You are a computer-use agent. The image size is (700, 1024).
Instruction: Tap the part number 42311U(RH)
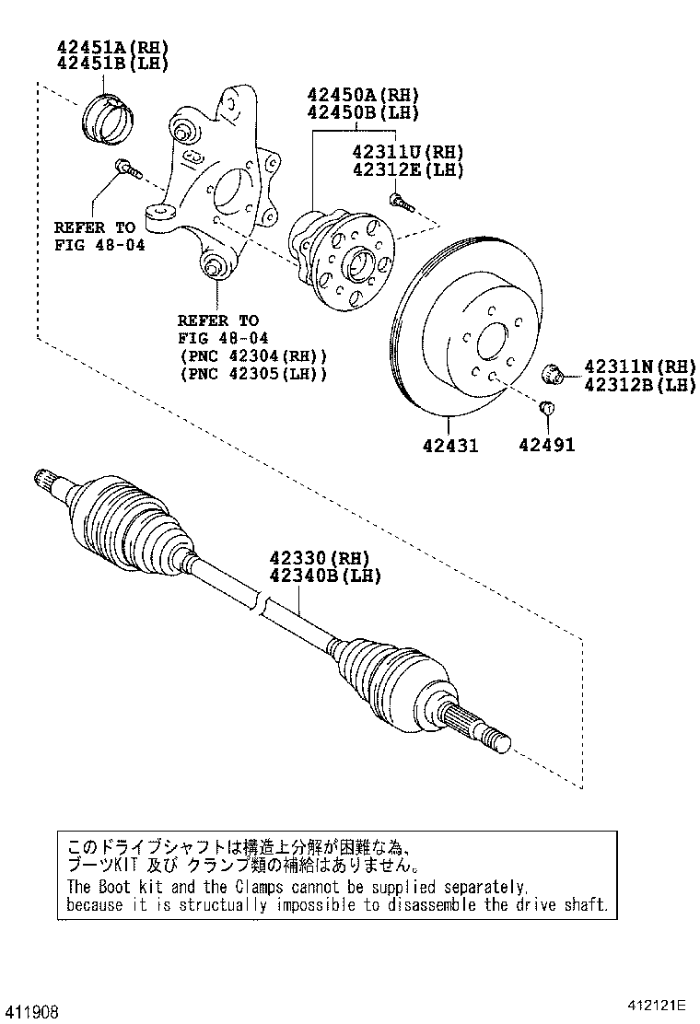click(406, 152)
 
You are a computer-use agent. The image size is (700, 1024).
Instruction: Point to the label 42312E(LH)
click(406, 169)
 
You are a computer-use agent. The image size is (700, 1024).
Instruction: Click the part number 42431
click(450, 446)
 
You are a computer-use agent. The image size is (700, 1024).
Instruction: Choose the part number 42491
click(546, 446)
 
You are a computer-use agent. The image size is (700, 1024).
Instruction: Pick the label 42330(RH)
click(319, 558)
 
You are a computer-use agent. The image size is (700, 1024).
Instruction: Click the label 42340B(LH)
click(324, 576)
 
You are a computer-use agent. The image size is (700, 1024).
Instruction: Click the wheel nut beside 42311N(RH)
click(555, 374)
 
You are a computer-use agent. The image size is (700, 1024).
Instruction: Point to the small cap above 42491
click(544, 408)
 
